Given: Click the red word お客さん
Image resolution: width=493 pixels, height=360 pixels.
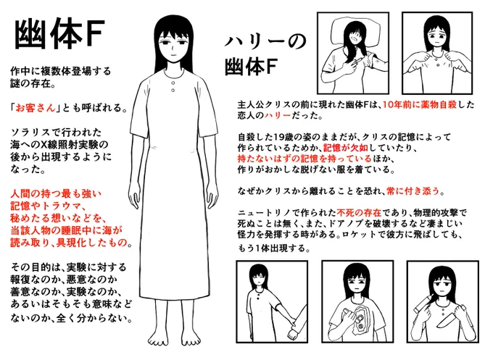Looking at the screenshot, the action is [x=36, y=108].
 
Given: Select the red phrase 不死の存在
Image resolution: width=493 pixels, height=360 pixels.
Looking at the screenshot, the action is [x=359, y=213].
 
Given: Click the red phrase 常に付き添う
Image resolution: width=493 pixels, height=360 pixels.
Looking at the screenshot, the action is [x=413, y=191].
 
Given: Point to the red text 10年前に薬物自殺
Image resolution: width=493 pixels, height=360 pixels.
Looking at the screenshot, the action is [x=420, y=104].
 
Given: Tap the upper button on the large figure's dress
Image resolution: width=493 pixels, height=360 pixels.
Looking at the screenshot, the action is [x=173, y=83].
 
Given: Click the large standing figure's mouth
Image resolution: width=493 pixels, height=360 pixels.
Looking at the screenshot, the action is [x=173, y=55].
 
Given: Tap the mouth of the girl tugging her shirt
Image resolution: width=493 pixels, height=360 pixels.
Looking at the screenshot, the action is [x=437, y=43].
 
